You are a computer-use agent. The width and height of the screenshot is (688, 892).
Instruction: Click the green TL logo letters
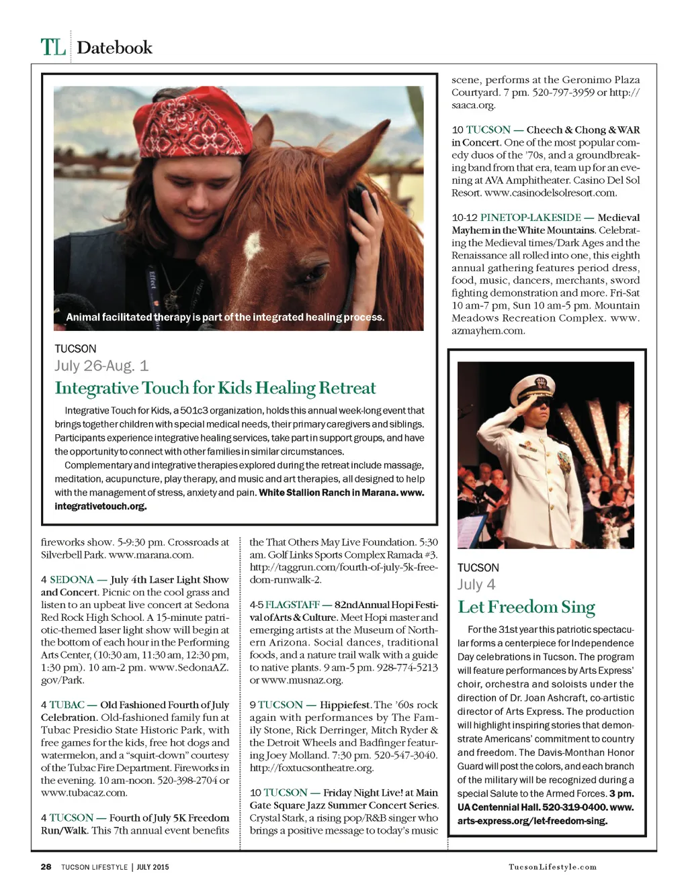point(53,48)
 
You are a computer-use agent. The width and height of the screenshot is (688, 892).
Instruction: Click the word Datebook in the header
point(114,48)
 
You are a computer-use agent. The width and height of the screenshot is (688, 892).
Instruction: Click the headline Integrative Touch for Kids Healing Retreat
point(215,389)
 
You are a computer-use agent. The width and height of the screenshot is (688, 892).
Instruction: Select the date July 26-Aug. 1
point(101,366)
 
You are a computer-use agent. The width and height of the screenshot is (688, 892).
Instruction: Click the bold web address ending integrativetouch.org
point(101,506)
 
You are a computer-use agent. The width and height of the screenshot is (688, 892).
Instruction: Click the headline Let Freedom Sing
point(526,607)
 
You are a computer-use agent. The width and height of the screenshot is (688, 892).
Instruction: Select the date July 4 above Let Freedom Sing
point(476,585)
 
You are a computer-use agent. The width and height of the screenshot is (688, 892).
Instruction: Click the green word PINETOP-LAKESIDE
point(530,217)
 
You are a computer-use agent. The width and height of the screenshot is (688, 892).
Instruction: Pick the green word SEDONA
point(72,579)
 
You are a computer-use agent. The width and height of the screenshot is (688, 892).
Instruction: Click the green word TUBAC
point(67,705)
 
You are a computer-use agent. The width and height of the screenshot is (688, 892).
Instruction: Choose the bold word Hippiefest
point(345,705)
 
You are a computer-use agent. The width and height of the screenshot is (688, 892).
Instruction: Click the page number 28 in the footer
point(46,866)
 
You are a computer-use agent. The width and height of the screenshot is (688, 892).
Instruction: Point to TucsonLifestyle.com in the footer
point(552,866)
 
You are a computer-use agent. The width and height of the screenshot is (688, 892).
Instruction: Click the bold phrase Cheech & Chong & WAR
point(583,130)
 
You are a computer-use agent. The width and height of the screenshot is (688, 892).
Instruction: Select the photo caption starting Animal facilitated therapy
point(225,317)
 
